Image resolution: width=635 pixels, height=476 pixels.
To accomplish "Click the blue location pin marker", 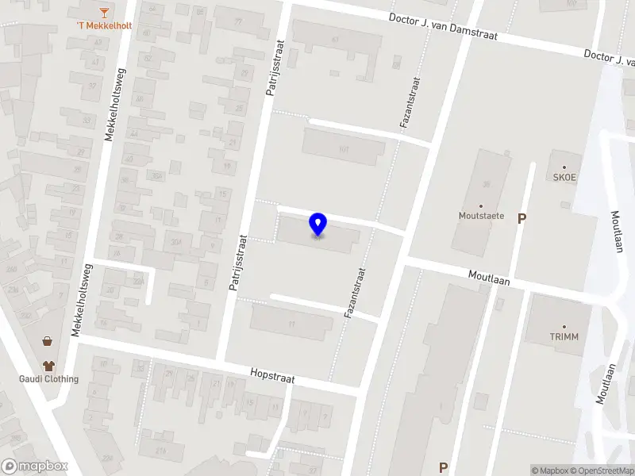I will tap(317, 225).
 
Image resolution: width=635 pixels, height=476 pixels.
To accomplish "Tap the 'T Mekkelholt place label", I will tap(104, 25).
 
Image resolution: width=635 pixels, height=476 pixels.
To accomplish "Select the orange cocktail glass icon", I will tap(104, 11).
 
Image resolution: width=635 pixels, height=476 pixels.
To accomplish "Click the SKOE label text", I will tap(564, 178).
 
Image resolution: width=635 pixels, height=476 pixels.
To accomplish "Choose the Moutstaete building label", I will tap(481, 215).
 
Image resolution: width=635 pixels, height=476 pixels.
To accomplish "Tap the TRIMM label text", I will tap(564, 336).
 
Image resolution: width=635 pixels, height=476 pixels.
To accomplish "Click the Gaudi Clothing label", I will tap(49, 378).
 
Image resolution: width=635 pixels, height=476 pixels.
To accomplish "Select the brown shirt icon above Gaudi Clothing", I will tap(49, 366).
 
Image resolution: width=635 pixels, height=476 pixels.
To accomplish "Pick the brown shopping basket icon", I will tap(48, 341).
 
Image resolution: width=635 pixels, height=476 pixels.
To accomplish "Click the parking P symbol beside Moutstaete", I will tap(521, 218).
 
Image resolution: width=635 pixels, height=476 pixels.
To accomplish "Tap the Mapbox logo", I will tap(35, 466).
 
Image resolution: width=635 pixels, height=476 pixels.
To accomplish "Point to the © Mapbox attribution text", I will tap(550, 470).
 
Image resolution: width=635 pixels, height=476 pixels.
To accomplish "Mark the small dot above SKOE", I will tap(564, 167).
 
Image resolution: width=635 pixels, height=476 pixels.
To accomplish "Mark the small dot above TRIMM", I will tap(564, 326).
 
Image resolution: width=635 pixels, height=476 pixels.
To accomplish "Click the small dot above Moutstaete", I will tap(481, 205).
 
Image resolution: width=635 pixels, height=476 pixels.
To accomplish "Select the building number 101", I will tap(344, 148).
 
